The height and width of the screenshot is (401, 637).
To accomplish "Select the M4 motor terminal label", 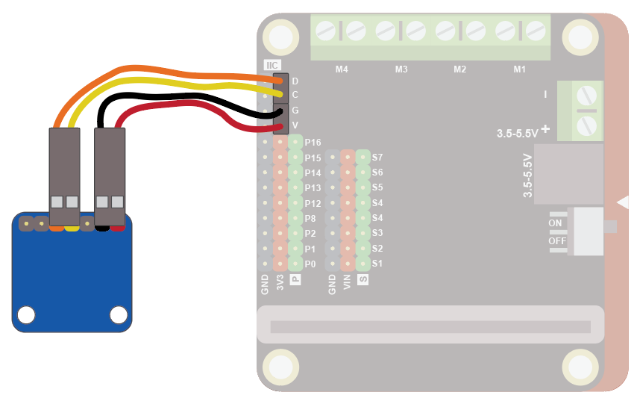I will [342, 69].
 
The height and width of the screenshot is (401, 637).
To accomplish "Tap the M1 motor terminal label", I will [520, 69].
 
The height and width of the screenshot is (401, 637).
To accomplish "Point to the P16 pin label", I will [313, 142].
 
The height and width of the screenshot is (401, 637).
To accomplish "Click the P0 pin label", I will [310, 264].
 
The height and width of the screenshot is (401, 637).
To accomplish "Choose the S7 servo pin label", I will [377, 158].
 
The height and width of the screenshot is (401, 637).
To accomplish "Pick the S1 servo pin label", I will [377, 264].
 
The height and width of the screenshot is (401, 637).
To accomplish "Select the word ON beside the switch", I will [556, 223].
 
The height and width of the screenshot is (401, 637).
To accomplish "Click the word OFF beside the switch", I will [557, 241].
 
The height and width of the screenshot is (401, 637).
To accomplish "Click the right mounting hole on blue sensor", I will [117, 315].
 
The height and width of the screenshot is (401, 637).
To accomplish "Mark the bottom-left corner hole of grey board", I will [280, 367].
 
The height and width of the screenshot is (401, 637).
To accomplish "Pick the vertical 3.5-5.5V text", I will [527, 175].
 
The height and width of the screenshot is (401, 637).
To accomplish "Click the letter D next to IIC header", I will [295, 81].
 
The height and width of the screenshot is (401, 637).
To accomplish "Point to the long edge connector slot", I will [430, 327].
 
